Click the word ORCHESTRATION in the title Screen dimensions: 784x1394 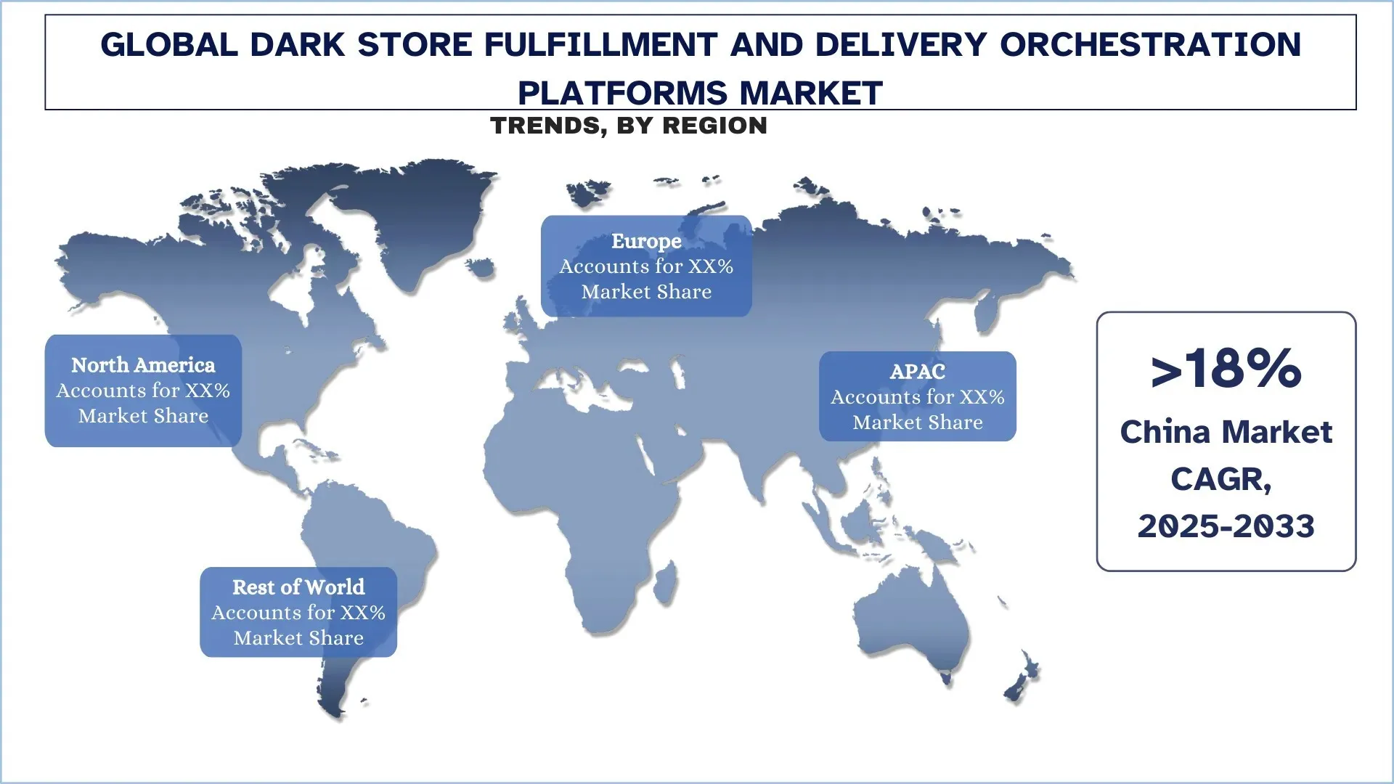coord(1150,45)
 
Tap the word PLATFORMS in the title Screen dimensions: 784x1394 coord(621,93)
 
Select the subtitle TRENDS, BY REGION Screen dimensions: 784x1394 coord(629,126)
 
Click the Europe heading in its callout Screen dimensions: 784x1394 coord(646,241)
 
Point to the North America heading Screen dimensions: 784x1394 coord(143,365)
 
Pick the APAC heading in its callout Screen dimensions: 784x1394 coord(918,372)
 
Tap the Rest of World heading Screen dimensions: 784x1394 coord(298,587)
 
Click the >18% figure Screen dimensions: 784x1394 coord(1226,369)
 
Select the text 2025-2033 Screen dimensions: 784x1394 coord(1226,526)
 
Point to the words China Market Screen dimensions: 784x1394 coord(1226,433)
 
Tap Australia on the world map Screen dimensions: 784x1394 coord(915,624)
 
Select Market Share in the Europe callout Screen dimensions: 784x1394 coord(646,292)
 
